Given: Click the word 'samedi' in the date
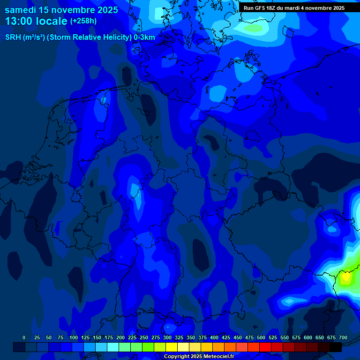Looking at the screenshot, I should pyautogui.click(x=20, y=10).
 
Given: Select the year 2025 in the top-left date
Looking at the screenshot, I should pyautogui.click(x=105, y=10).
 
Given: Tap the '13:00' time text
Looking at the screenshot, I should pyautogui.click(x=20, y=21).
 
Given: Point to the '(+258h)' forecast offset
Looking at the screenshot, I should pyautogui.click(x=83, y=21).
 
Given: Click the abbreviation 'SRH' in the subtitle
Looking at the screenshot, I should pyautogui.click(x=13, y=37).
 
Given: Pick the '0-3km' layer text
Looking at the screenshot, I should pyautogui.click(x=144, y=37).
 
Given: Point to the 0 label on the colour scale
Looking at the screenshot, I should pyautogui.click(x=24, y=337).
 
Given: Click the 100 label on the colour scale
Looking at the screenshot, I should pyautogui.click(x=74, y=337).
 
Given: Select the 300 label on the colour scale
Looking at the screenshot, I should pyautogui.click(x=167, y=337).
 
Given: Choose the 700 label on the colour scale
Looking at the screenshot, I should pyautogui.click(x=343, y=337).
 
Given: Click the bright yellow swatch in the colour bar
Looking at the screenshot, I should pyautogui.click(x=172, y=347).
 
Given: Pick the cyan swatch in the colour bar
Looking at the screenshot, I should pyautogui.click(x=113, y=347).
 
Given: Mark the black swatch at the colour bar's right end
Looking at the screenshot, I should pyautogui.click(x=336, y=347).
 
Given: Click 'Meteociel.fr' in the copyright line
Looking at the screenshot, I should pyautogui.click(x=219, y=357).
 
